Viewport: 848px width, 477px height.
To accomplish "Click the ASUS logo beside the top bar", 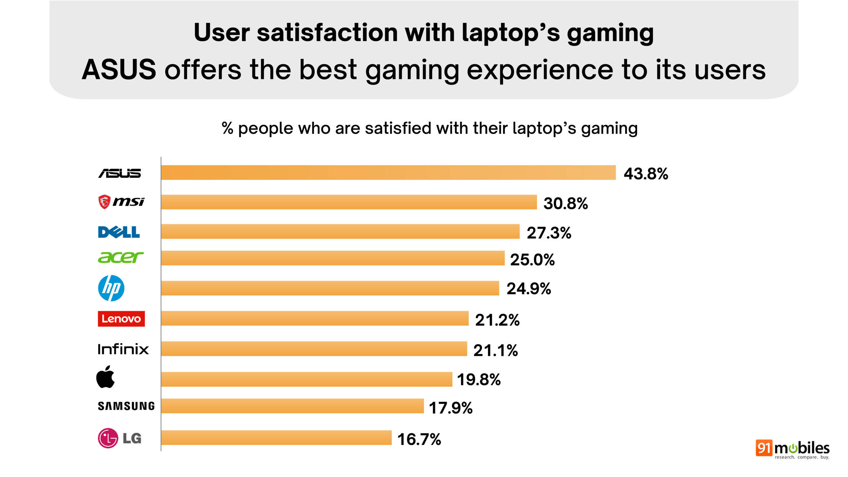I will [x=120, y=173].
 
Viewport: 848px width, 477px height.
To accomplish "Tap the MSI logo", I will [x=121, y=202].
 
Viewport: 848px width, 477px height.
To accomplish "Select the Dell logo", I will [x=119, y=232].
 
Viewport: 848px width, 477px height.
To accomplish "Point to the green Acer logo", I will [x=121, y=257].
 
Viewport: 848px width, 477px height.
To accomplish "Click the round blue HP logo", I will [x=111, y=288].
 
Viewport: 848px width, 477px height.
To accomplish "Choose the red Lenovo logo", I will [x=121, y=319].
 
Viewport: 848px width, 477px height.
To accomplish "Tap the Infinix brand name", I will [x=123, y=349].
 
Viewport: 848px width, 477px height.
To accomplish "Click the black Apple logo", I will [x=106, y=377].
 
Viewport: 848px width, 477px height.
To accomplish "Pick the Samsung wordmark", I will [x=126, y=406].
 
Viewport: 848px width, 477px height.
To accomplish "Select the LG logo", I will [x=120, y=438].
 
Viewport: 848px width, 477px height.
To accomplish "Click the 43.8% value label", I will [x=646, y=174].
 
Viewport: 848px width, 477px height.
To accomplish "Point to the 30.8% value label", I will [x=565, y=203].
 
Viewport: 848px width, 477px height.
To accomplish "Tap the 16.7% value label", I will [x=419, y=440].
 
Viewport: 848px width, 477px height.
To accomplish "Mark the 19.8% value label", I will [x=479, y=380].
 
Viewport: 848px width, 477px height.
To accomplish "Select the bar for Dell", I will [x=340, y=232].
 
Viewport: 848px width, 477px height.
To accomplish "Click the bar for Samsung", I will [x=292, y=406].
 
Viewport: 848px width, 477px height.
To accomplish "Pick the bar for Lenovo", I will [x=315, y=318].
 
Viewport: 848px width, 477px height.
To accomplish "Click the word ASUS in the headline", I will [x=119, y=70].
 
